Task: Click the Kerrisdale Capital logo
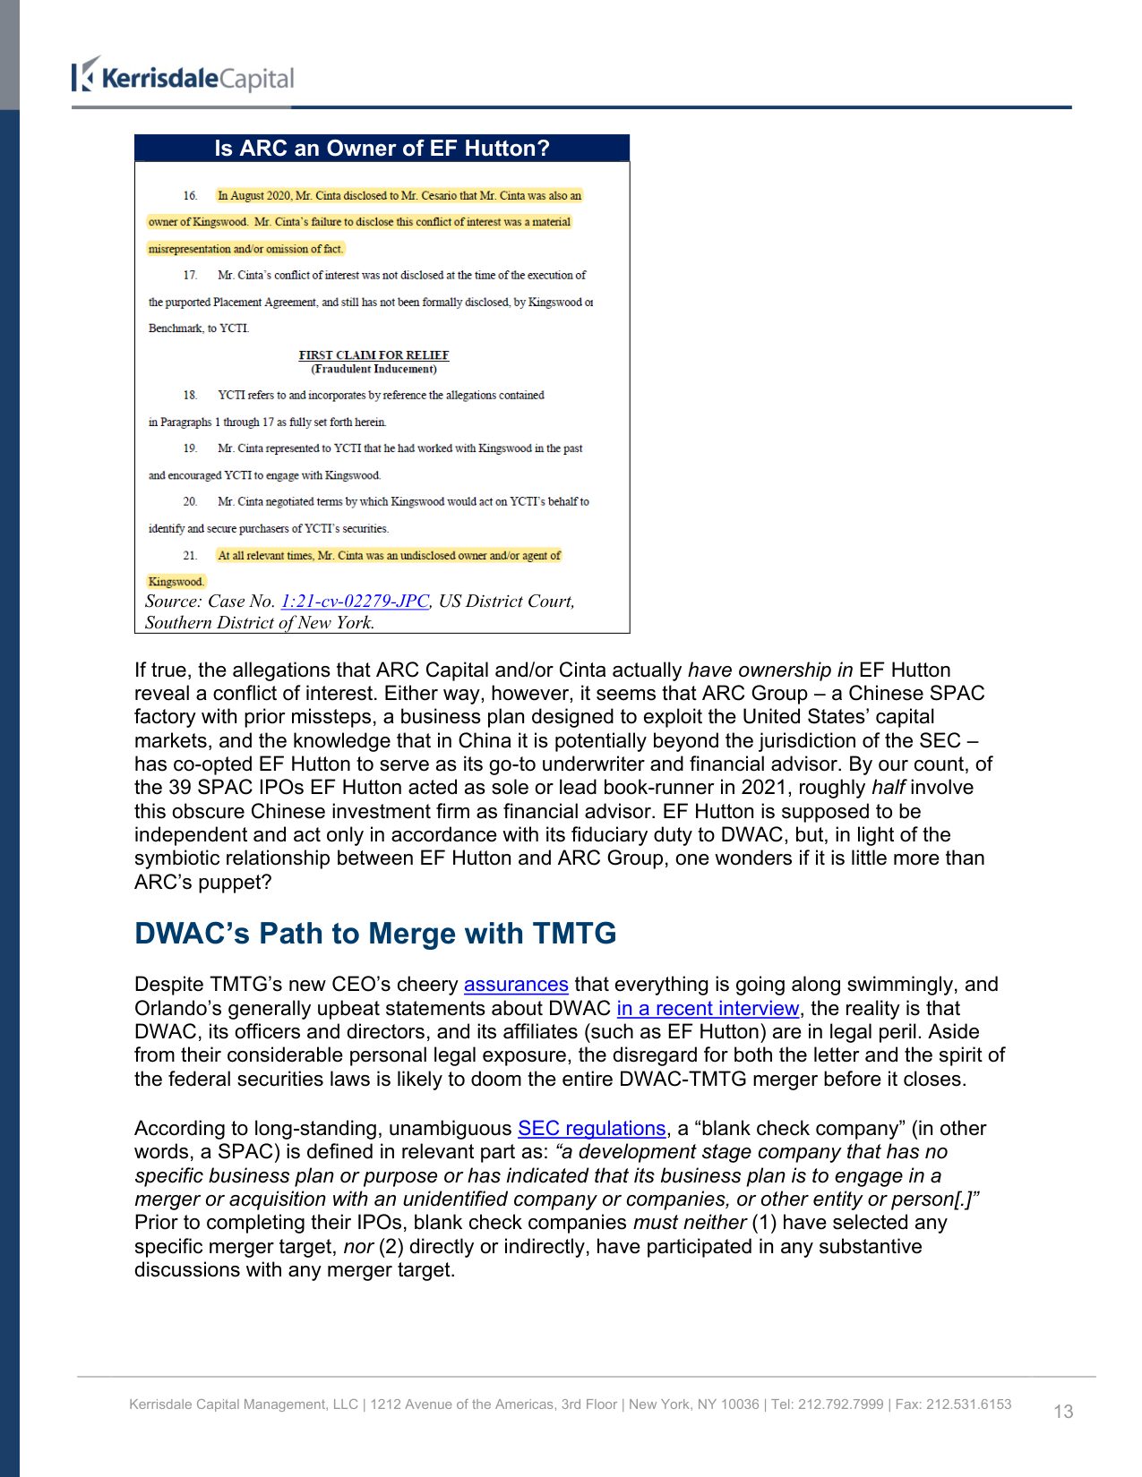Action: pos(184,77)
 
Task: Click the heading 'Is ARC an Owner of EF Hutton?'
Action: pos(382,149)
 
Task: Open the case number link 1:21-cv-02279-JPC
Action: pos(355,602)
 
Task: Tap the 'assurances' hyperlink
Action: pos(516,985)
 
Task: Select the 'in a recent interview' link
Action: pos(708,1009)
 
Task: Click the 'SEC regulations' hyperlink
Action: pos(591,1129)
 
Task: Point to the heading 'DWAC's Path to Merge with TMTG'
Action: pos(375,934)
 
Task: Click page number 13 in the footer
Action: pos(1063,1412)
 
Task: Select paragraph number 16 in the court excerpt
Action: pos(190,196)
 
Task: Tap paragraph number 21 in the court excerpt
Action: pos(190,556)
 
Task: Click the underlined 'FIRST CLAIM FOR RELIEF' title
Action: pos(374,355)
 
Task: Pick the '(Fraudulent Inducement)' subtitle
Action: pos(374,369)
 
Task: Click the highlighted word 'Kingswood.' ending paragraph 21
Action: pos(176,582)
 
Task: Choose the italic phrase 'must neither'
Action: pos(690,1223)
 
